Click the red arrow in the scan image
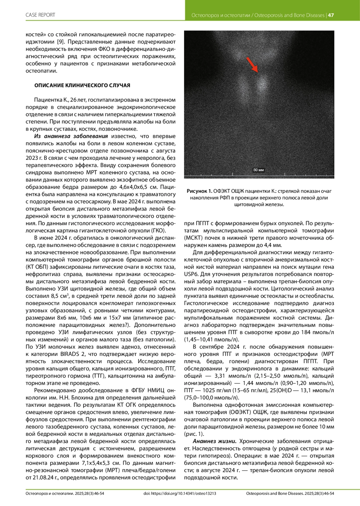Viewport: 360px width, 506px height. pyautogui.click(x=252, y=64)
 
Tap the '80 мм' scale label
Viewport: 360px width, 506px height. pyautogui.click(x=259, y=170)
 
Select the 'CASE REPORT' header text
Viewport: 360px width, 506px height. pyautogui.click(x=40, y=15)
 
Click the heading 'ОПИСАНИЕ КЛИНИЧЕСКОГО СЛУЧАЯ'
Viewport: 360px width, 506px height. pyautogui.click(x=82, y=86)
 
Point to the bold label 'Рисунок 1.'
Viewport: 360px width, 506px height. pyautogui.click(x=199, y=191)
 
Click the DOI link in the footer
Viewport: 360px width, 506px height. pyautogui.click(x=180, y=493)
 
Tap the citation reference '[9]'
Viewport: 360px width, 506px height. pyautogui.click(x=60, y=42)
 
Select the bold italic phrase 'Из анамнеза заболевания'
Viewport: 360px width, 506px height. pyautogui.click(x=71, y=136)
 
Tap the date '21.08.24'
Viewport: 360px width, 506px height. pyautogui.click(x=45, y=477)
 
